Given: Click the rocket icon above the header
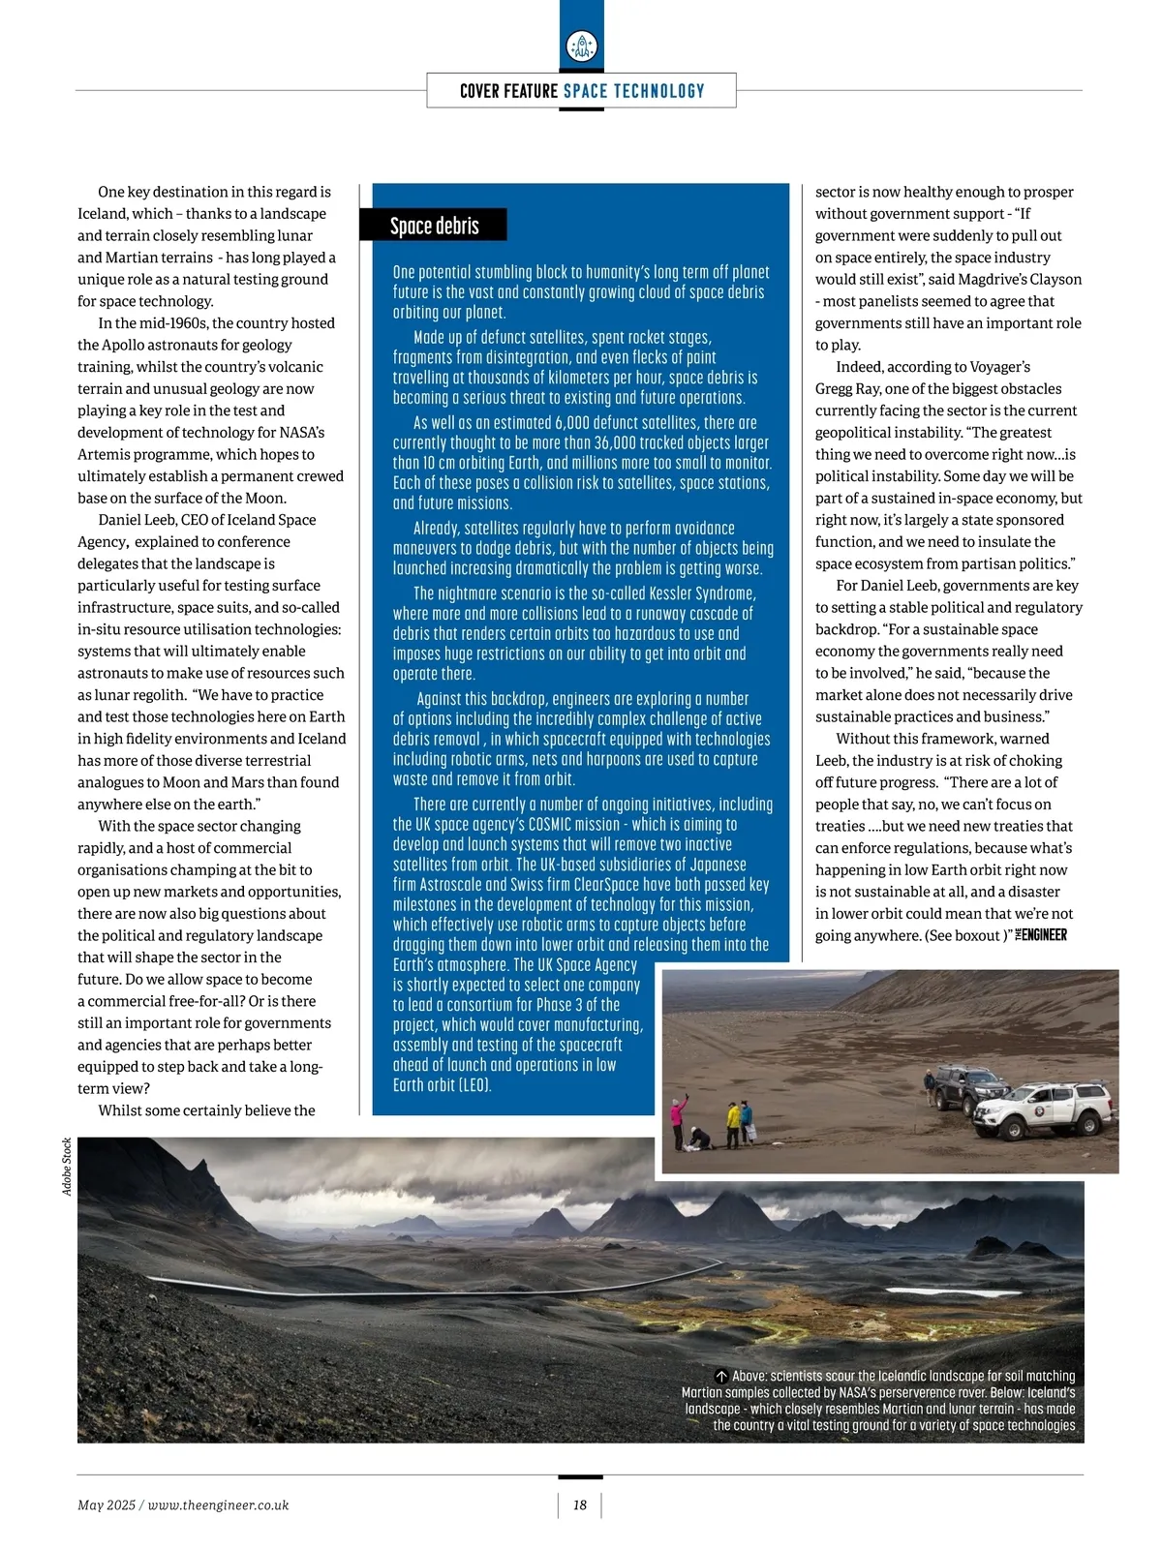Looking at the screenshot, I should click(581, 46).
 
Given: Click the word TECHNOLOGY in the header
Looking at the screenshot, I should click(659, 91).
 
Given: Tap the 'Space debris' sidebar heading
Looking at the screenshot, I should click(434, 226).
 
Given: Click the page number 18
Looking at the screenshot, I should click(580, 1504).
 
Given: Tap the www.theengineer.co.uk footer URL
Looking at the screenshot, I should click(218, 1504).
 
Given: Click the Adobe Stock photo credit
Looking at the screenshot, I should click(67, 1166).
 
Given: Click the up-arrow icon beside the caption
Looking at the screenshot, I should click(721, 1376).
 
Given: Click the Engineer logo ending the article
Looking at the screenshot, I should click(1041, 935).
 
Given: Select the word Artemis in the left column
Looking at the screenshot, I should click(105, 454).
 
